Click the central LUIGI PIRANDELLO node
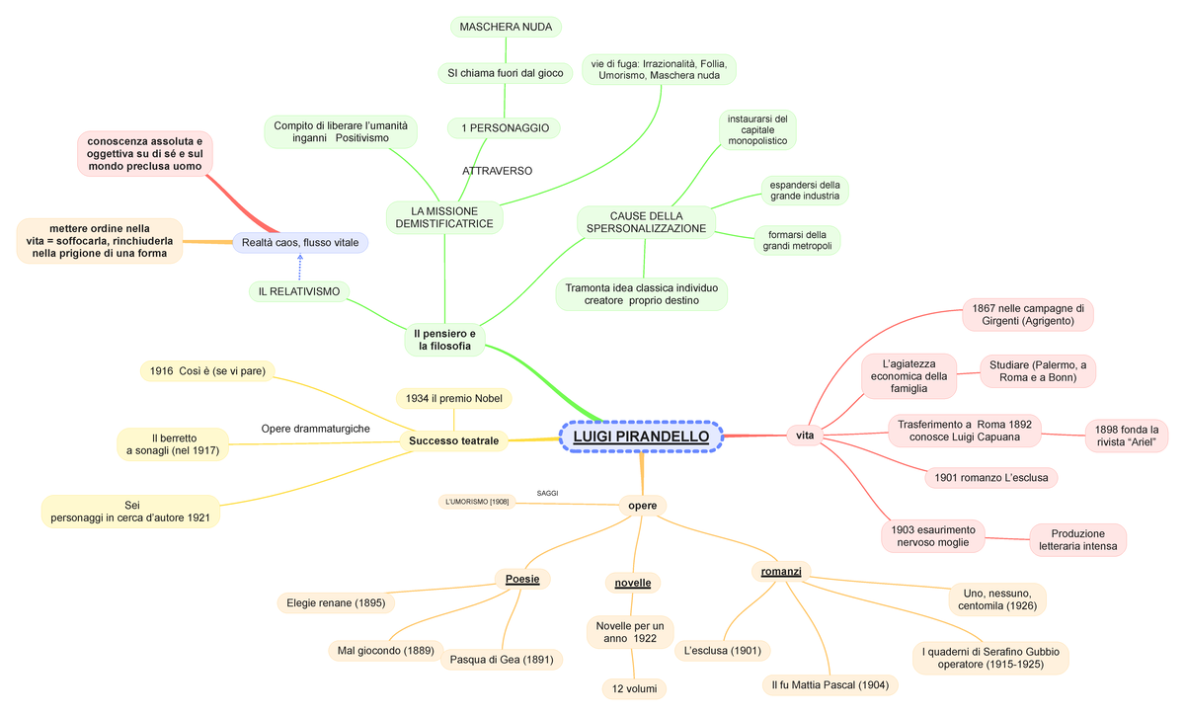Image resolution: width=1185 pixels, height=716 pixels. pyautogui.click(x=641, y=437)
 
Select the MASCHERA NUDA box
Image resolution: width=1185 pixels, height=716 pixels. pyautogui.click(x=506, y=26)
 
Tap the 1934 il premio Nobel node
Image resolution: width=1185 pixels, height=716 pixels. pyautogui.click(x=453, y=398)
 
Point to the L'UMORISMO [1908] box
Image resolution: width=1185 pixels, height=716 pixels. pyautogui.click(x=477, y=502)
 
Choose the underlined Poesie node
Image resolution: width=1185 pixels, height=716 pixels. pyautogui.click(x=522, y=579)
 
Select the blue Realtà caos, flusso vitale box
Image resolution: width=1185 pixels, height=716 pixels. pyautogui.click(x=300, y=242)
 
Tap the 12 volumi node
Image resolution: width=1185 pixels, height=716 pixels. pyautogui.click(x=633, y=688)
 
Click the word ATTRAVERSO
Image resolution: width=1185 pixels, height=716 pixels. pyautogui.click(x=497, y=171)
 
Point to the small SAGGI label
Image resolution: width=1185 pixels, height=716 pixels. pyautogui.click(x=548, y=492)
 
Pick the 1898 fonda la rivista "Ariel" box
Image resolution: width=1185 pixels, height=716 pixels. pyautogui.click(x=1127, y=436)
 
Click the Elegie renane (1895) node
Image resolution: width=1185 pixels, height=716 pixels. pyautogui.click(x=336, y=602)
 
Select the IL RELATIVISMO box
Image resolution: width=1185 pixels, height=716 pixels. pyautogui.click(x=299, y=291)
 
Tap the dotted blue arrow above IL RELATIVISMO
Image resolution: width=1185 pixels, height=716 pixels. pyautogui.click(x=300, y=266)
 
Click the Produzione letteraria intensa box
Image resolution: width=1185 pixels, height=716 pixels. pyautogui.click(x=1077, y=539)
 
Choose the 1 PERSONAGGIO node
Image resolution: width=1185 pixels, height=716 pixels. pyautogui.click(x=504, y=128)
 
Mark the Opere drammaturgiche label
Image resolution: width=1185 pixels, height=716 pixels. pyautogui.click(x=316, y=429)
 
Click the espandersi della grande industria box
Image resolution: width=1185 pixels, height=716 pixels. pyautogui.click(x=805, y=190)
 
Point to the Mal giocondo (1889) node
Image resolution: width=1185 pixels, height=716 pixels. pyautogui.click(x=384, y=651)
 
